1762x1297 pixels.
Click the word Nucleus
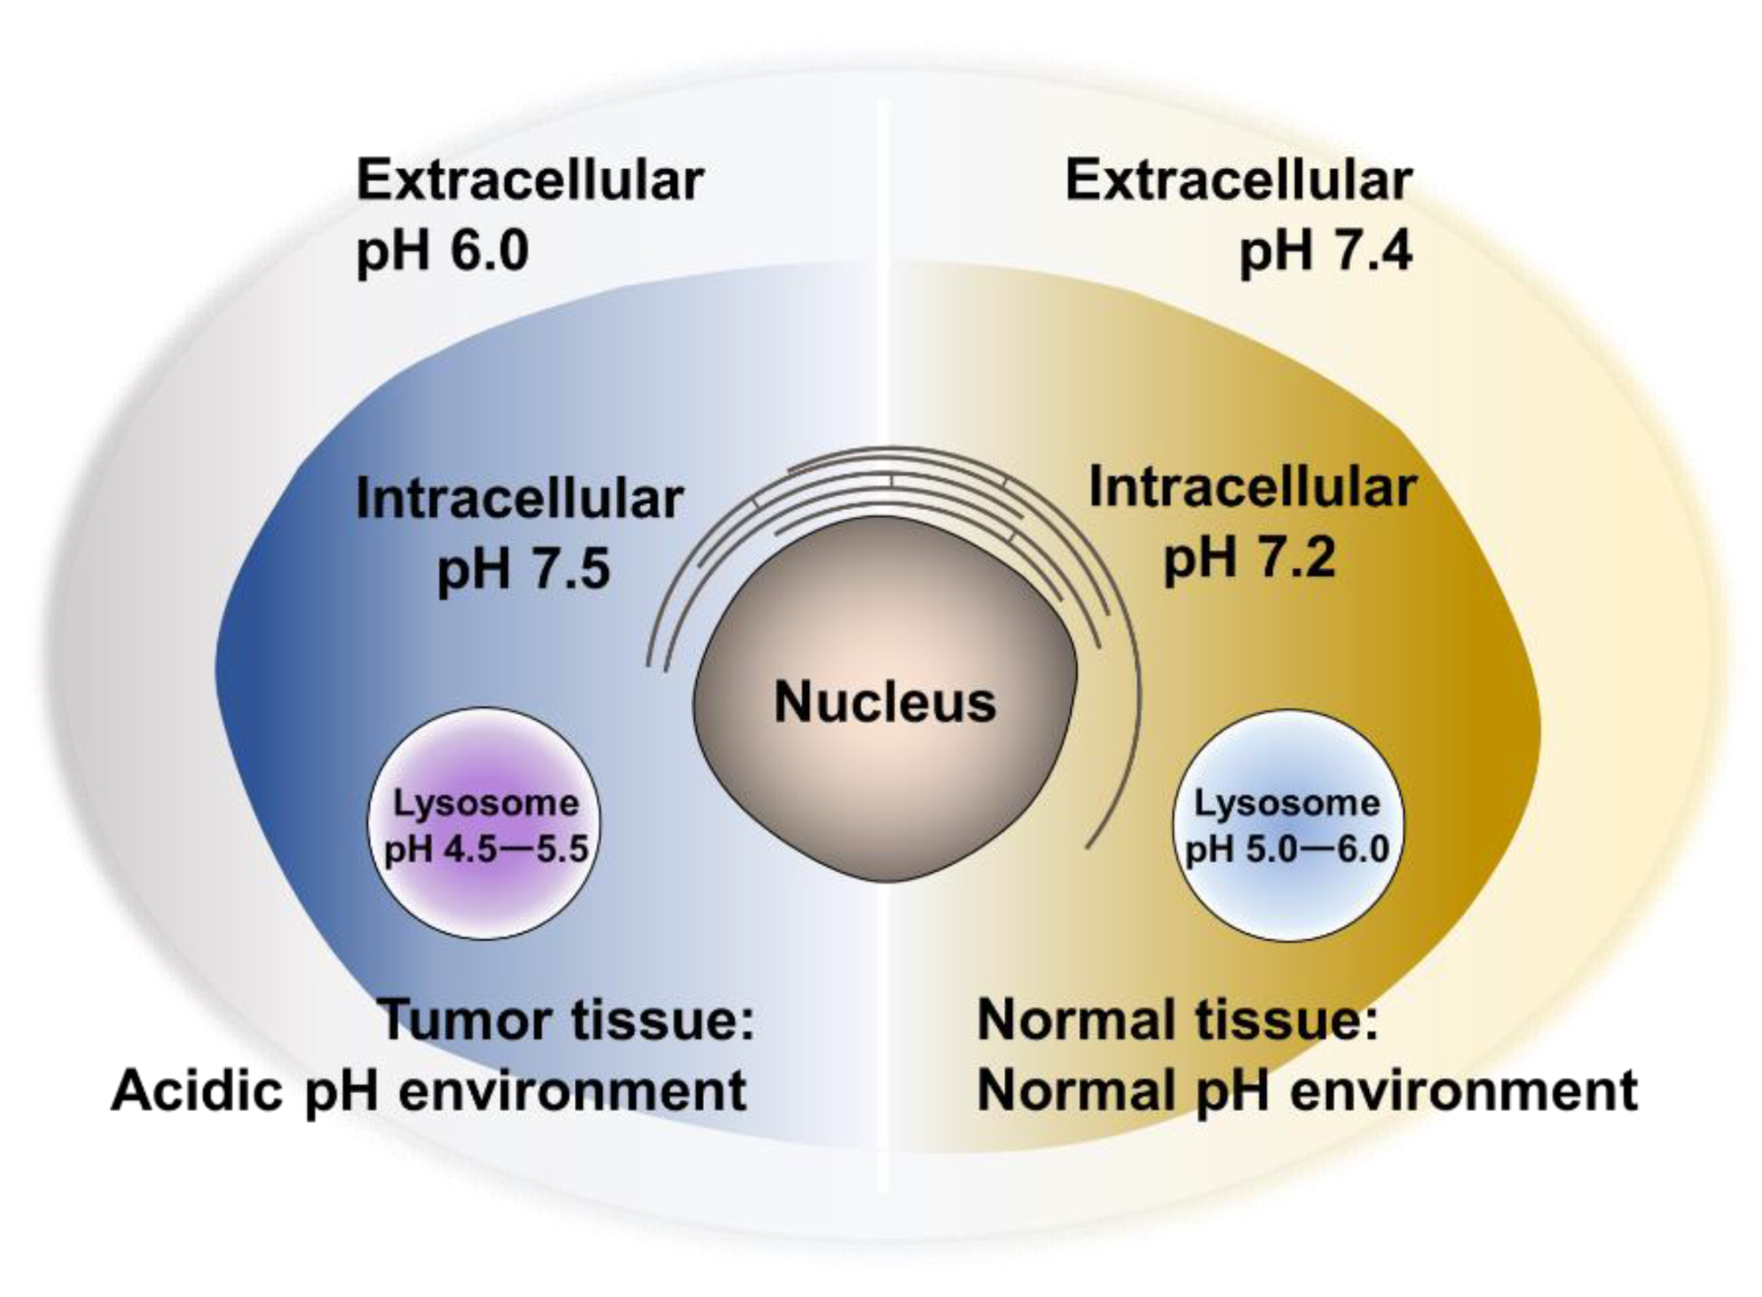[885, 702]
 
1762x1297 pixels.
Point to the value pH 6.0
[442, 250]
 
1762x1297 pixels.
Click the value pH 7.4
[1325, 250]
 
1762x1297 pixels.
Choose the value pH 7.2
[1249, 557]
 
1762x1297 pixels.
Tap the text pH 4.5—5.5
[486, 849]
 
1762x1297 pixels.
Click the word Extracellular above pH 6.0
[530, 181]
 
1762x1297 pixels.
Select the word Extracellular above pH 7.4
[1238, 181]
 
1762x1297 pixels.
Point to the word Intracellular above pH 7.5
[520, 499]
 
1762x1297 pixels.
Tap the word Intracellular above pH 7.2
[1252, 487]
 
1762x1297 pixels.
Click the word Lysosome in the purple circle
[486, 803]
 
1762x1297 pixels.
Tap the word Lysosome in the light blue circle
[1287, 803]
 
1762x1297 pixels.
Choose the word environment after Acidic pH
[572, 1091]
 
